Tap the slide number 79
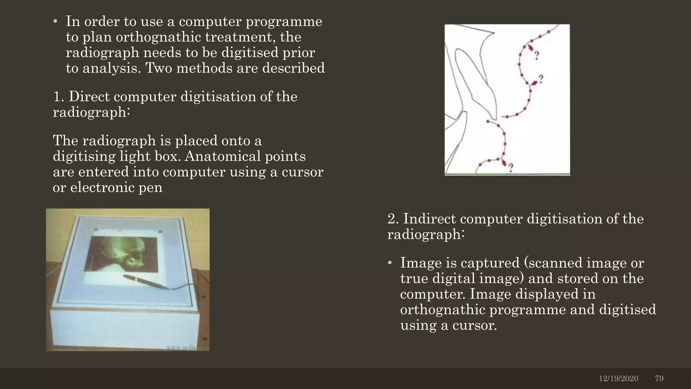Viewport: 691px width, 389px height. click(x=659, y=379)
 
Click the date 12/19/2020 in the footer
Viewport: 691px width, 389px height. click(x=618, y=379)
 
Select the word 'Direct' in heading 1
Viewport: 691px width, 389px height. click(x=89, y=97)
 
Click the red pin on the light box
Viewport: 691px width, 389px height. click(x=96, y=230)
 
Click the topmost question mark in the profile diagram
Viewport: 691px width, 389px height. click(x=536, y=55)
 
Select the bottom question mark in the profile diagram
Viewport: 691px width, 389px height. click(x=511, y=168)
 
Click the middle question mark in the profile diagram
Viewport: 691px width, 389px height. click(x=541, y=79)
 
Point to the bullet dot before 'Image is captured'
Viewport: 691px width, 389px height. click(x=390, y=263)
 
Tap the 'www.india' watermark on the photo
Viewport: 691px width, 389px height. click(x=187, y=348)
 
